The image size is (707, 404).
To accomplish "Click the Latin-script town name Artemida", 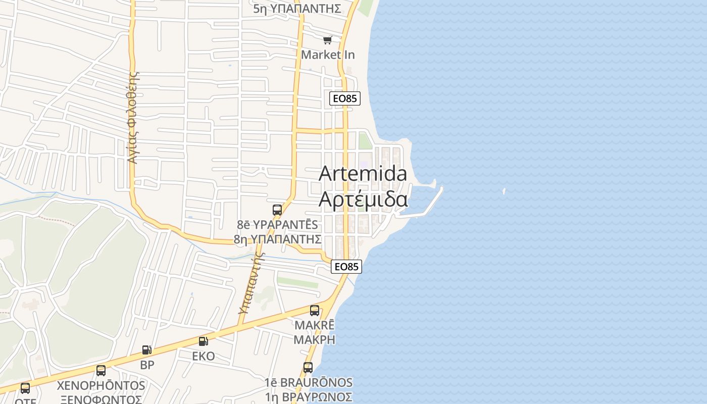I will pyautogui.click(x=363, y=174).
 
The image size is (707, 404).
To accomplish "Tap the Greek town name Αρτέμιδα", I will pyautogui.click(x=363, y=199).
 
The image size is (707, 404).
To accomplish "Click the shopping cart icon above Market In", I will pyautogui.click(x=328, y=40).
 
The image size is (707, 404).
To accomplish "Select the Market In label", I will pyautogui.click(x=328, y=55).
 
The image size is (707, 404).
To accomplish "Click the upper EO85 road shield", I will pyautogui.click(x=345, y=98).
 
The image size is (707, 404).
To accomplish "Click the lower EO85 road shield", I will pyautogui.click(x=347, y=266).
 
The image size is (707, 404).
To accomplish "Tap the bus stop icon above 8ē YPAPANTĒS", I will pyautogui.click(x=277, y=210).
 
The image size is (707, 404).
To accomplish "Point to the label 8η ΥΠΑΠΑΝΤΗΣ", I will pyautogui.click(x=278, y=239).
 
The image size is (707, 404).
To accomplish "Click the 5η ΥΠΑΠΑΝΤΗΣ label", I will pyautogui.click(x=297, y=9).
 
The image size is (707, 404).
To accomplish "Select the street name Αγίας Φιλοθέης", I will pyautogui.click(x=133, y=117).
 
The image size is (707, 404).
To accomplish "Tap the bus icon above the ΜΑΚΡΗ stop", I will pyautogui.click(x=314, y=311).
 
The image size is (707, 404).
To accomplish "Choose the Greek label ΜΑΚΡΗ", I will pyautogui.click(x=314, y=339).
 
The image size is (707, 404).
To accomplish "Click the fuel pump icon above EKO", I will pyautogui.click(x=203, y=342).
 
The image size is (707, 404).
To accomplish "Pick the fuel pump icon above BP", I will pyautogui.click(x=146, y=349).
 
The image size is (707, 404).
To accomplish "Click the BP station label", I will pyautogui.click(x=147, y=365).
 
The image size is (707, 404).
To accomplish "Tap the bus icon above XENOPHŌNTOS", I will pyautogui.click(x=101, y=371).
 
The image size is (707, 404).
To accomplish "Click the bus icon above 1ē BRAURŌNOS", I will pyautogui.click(x=308, y=368).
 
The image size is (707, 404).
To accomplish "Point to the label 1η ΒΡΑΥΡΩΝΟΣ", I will pyautogui.click(x=309, y=396).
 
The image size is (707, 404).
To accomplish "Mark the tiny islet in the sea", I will pyautogui.click(x=504, y=191).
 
